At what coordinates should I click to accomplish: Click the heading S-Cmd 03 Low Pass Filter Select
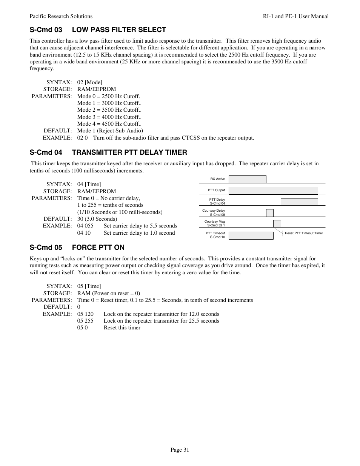pos(98,30)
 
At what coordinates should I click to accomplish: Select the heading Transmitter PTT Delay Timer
pos(108,152)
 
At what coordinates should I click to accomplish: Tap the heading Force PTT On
pos(77,248)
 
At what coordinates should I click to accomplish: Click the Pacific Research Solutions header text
pos(61,16)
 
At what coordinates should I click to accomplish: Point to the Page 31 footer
pos(180,449)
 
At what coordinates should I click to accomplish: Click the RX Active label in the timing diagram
pos(217,179)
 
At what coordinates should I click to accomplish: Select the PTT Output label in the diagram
pos(216,191)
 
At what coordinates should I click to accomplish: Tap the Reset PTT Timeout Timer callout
pos(303,233)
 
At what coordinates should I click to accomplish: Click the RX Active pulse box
pos(247,180)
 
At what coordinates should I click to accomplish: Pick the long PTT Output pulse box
pos(273,191)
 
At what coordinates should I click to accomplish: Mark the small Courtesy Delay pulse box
pos(269,213)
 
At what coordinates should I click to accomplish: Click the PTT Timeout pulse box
pos(251,235)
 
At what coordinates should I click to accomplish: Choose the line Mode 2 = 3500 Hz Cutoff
pos(109,110)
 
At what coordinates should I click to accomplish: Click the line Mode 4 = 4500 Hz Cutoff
pos(109,124)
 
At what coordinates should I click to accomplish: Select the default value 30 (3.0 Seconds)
pos(97,219)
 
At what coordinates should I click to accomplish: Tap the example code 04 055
pos(85,226)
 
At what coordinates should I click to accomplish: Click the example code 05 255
pos(85,321)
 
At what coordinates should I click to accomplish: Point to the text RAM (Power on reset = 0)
pos(108,293)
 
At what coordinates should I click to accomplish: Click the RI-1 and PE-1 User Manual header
pos(295,16)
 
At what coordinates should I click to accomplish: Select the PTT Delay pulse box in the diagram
pos(299,202)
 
